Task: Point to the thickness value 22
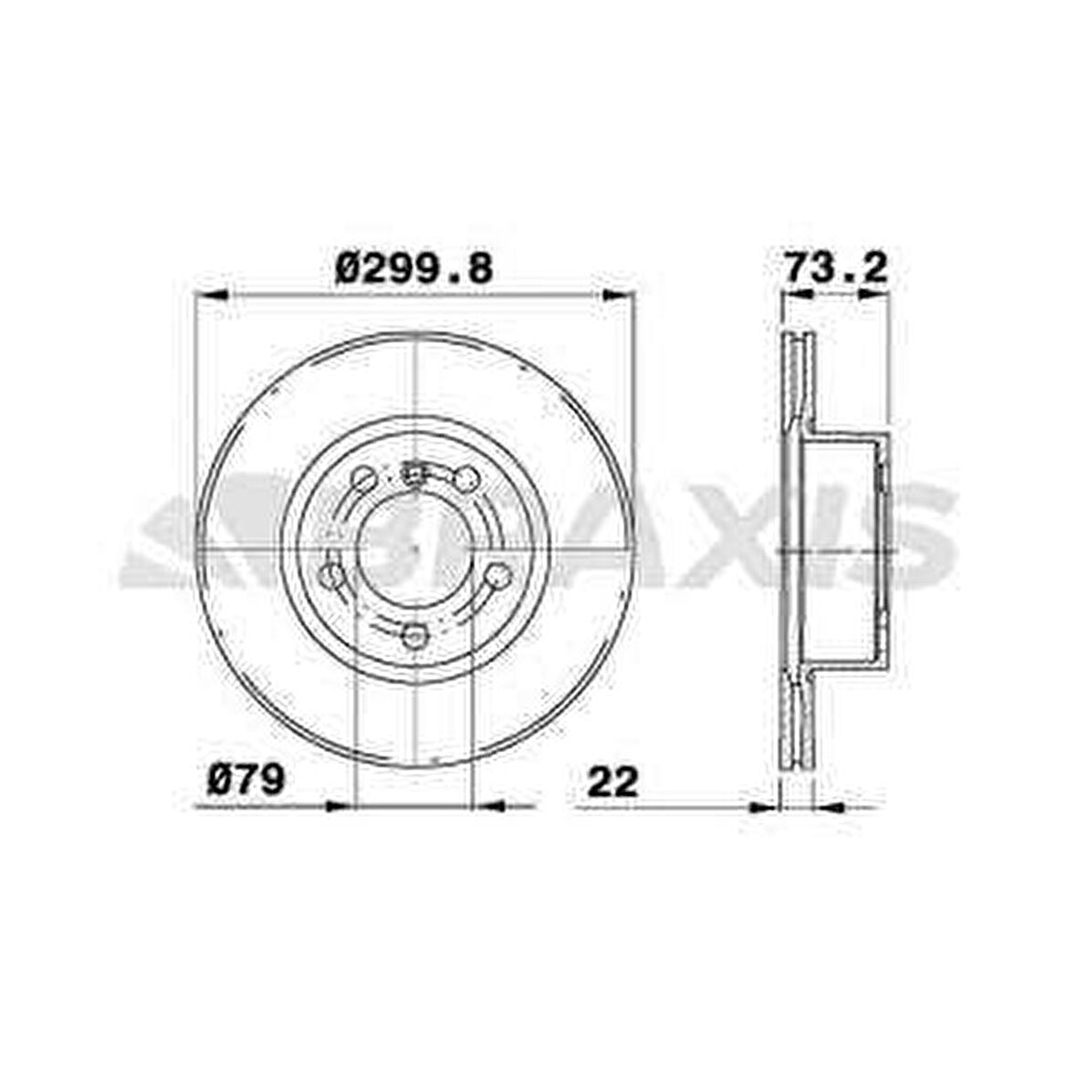612,782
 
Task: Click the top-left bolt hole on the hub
363,478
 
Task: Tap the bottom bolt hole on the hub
415,635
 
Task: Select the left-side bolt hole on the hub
331,576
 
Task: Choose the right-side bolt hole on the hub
498,575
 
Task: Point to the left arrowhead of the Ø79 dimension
338,805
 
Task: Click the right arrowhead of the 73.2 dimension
875,295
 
